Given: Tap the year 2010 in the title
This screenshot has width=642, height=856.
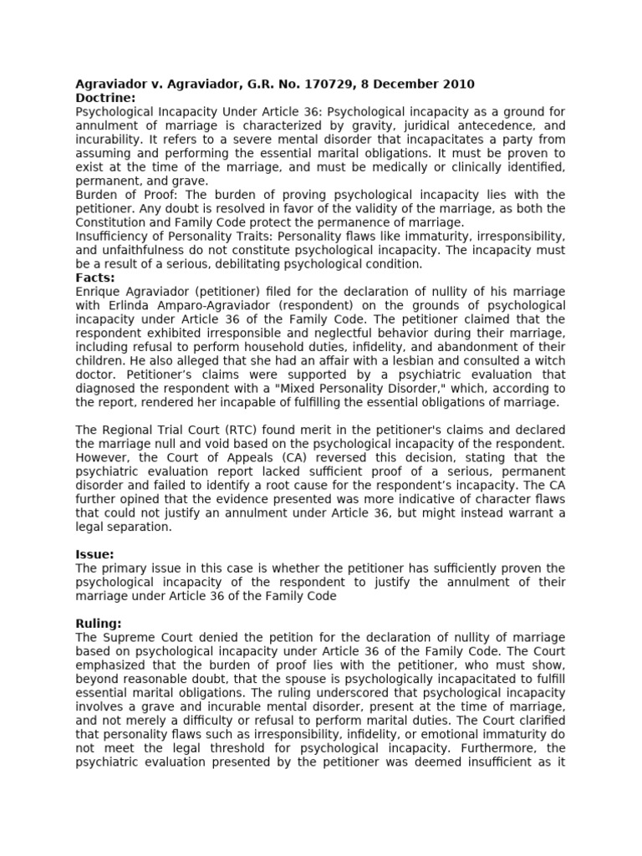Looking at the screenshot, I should pos(457,84).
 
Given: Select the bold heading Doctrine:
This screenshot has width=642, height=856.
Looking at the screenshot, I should pos(105,98).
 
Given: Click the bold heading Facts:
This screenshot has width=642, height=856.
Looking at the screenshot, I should pos(95,278).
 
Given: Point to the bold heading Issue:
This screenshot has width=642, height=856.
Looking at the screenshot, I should pos(94,553).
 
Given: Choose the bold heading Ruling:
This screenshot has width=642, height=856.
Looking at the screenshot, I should pos(99,623).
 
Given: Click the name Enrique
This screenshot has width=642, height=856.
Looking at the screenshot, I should pos(97,291).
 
